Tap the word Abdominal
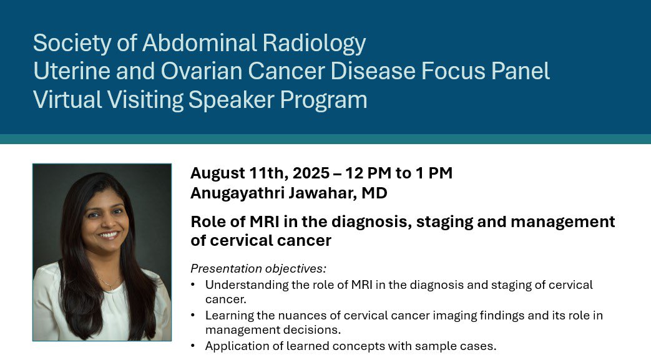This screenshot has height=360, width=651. point(200,42)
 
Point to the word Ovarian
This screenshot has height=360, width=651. point(202,71)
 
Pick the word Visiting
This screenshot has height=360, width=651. point(145,100)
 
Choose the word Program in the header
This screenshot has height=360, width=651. point(323,100)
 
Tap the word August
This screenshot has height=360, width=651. point(218,173)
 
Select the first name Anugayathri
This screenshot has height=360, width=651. point(237,193)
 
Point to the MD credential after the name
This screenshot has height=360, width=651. point(374,193)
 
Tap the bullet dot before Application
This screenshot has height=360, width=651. point(193,346)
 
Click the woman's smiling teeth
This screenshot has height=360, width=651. point(109,235)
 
